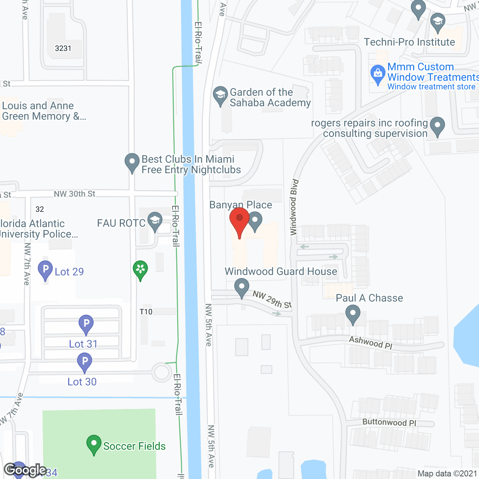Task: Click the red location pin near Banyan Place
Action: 239,219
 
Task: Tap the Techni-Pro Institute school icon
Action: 437,21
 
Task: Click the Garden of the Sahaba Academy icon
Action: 220,95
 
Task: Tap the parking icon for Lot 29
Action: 45,269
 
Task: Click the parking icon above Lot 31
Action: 86,323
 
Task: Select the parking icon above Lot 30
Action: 85,362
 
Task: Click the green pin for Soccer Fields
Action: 94,444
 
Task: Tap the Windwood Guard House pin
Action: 242,287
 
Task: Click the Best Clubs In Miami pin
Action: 132,162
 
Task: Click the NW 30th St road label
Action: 74,194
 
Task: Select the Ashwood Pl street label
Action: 370,342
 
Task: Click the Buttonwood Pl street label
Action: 389,422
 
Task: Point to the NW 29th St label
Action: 272,299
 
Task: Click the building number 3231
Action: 63,48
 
